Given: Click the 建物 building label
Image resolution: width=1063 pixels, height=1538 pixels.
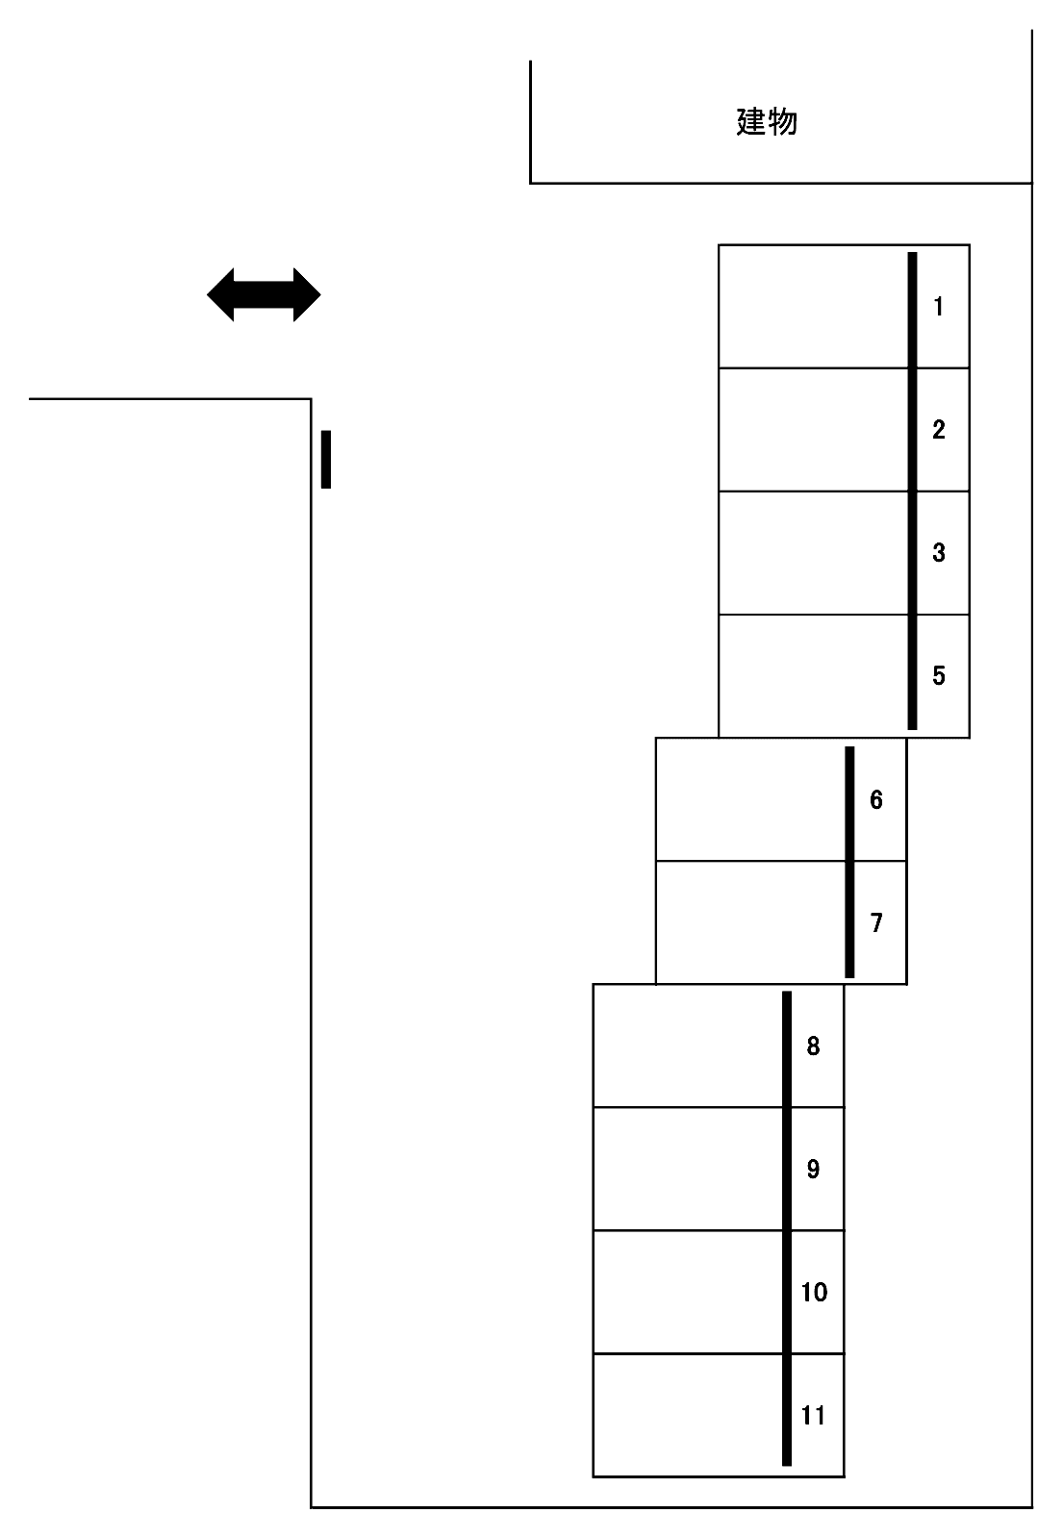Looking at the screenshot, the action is click(767, 122).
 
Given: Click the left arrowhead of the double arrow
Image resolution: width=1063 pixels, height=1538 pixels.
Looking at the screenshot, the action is click(220, 294).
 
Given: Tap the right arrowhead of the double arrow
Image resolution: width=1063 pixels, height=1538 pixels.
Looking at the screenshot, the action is click(307, 294).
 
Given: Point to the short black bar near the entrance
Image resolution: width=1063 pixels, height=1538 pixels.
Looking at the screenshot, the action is click(326, 460).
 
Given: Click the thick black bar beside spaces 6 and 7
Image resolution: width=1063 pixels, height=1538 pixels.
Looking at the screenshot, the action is click(849, 862).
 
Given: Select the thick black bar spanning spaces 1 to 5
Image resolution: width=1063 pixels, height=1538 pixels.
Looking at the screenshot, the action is click(913, 491).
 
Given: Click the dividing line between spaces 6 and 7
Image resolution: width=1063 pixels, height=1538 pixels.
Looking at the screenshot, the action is click(781, 861).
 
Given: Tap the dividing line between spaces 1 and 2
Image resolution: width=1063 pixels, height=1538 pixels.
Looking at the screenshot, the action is click(844, 368).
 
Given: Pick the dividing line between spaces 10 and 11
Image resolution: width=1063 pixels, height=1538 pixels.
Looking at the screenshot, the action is click(719, 1354).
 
